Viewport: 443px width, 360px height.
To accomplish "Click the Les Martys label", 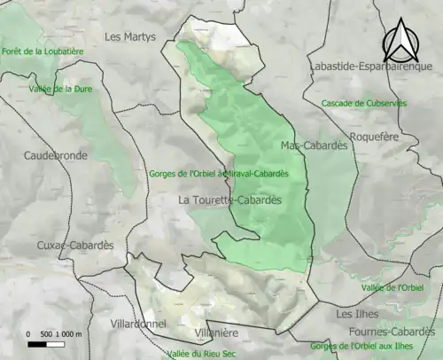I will [129, 37].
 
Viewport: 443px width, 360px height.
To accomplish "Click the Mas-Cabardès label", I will [313, 145].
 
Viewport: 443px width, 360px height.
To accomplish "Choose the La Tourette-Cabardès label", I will [229, 200].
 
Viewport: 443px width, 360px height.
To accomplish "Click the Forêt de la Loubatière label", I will [43, 51].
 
